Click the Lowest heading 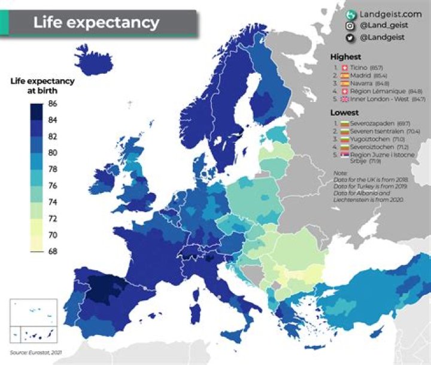coord(344,112)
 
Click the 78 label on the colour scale coord(53,169)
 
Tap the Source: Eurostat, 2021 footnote coord(36,352)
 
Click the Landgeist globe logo coord(350,13)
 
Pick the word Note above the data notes coord(339,174)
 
